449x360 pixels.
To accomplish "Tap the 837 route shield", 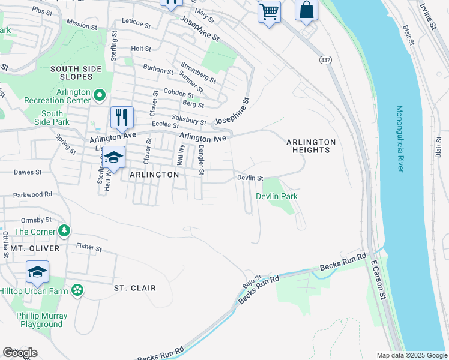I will pyautogui.click(x=325, y=60).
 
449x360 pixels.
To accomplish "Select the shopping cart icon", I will pyautogui.click(x=269, y=11).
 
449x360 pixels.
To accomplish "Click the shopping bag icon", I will pyautogui.click(x=306, y=10).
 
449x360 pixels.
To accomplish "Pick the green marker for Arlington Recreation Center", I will pyautogui.click(x=100, y=95).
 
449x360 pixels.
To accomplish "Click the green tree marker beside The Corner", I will pyautogui.click(x=63, y=231).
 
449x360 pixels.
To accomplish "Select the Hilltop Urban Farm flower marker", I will pyautogui.click(x=77, y=290).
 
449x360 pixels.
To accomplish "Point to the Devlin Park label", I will pyautogui.click(x=277, y=196).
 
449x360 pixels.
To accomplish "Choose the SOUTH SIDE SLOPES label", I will pyautogui.click(x=80, y=73).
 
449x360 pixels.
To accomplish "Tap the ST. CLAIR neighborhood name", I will pyautogui.click(x=135, y=288).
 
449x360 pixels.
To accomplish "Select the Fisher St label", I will pyautogui.click(x=89, y=247).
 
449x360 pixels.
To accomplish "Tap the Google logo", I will pyautogui.click(x=20, y=352).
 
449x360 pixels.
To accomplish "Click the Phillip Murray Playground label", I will pyautogui.click(x=41, y=320).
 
